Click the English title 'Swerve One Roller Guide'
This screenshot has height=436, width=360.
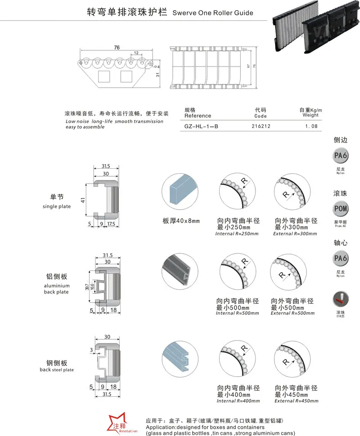(x=212, y=13)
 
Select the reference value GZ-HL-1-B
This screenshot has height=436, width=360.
(x=201, y=126)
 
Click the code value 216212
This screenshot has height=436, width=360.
(x=261, y=126)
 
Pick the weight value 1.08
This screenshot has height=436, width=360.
(x=311, y=126)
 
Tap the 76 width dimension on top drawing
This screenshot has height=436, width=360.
(x=117, y=47)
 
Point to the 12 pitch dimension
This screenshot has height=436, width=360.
(x=135, y=53)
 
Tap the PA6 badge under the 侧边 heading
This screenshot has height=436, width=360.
(x=340, y=156)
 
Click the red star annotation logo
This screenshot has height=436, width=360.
(x=118, y=422)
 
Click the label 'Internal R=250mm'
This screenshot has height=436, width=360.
(x=237, y=234)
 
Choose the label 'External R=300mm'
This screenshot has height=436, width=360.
(x=295, y=234)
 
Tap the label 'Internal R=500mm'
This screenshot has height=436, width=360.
(x=237, y=313)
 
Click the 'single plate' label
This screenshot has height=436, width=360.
(x=57, y=207)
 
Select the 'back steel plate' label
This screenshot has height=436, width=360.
(x=57, y=370)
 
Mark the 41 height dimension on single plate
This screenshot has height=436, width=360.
(x=83, y=199)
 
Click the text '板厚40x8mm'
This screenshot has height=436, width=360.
(x=181, y=221)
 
